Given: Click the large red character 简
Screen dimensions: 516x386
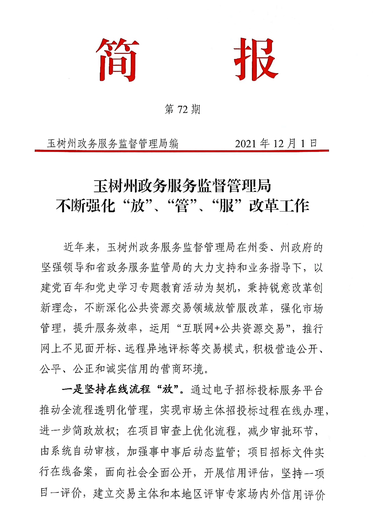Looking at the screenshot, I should click(118, 60).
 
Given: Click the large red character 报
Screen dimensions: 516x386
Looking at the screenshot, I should click(255, 60).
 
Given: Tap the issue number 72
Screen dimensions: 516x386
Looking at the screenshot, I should click(182, 110).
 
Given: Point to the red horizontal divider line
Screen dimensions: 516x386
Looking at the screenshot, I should click(182, 151).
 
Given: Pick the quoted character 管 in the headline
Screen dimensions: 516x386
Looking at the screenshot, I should click(182, 206).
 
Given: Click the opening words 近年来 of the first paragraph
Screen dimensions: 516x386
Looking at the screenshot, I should click(79, 247).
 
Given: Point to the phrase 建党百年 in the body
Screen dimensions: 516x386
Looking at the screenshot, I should click(62, 288).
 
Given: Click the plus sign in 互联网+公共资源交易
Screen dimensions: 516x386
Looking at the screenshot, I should click(217, 328).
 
